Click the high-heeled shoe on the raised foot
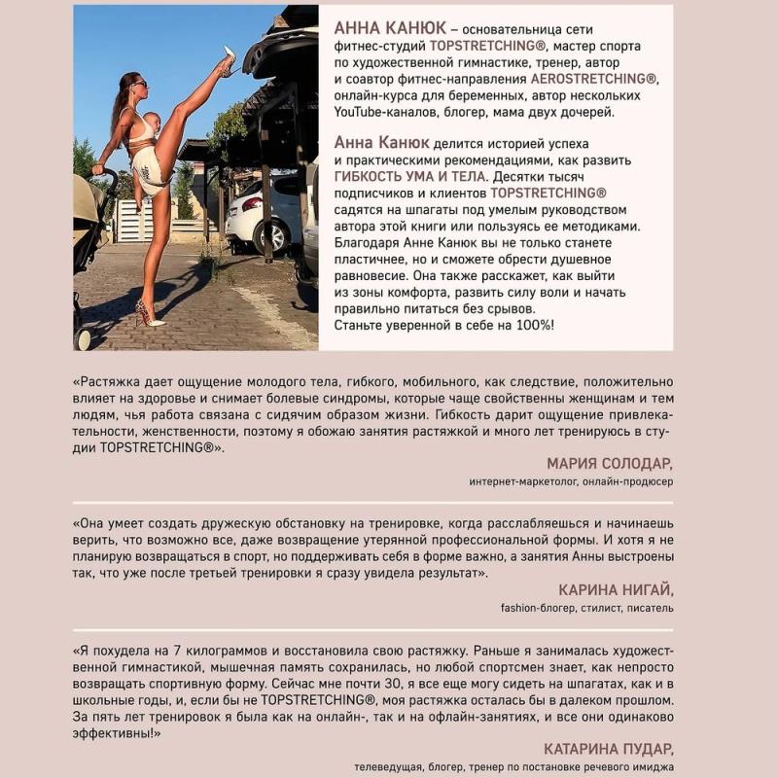pos(229,60)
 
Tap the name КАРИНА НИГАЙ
pos(616,590)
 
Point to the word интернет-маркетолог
pos(526,480)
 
